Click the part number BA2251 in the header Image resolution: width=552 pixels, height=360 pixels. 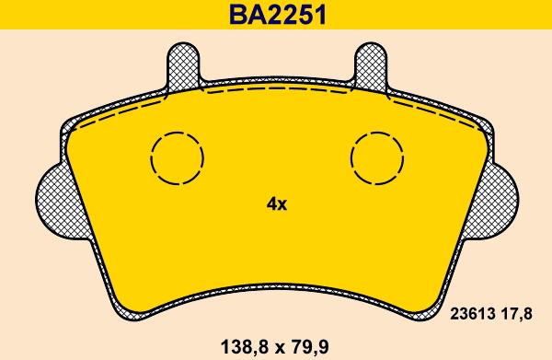point(278,15)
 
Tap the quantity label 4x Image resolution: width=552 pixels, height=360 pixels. point(277,203)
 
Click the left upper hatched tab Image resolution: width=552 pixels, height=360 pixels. point(183,67)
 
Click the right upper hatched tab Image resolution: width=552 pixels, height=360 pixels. point(371,67)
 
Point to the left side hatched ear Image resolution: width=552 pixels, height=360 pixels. point(58,203)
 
